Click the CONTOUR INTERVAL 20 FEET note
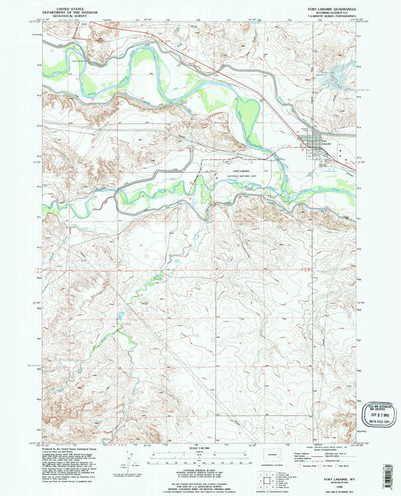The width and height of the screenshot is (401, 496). (199, 461)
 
